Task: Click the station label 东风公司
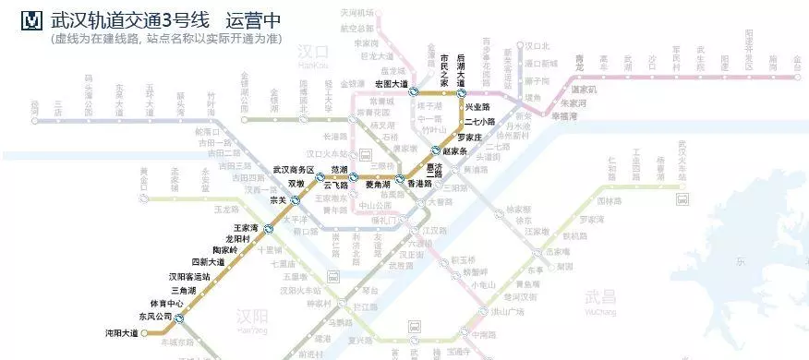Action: click(155, 317)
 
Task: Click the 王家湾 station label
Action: click(245, 227)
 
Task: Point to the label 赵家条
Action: click(457, 150)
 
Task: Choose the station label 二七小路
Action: click(479, 121)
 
